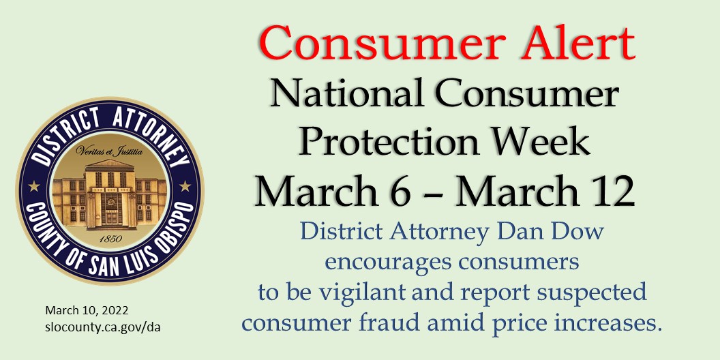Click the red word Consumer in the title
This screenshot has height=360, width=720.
[361, 44]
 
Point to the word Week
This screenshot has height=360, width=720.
[541, 142]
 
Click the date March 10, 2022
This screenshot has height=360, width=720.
[87, 310]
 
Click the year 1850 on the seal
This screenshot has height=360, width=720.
[108, 239]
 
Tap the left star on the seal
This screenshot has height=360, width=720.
[33, 185]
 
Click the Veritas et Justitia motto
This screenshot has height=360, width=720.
[109, 152]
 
